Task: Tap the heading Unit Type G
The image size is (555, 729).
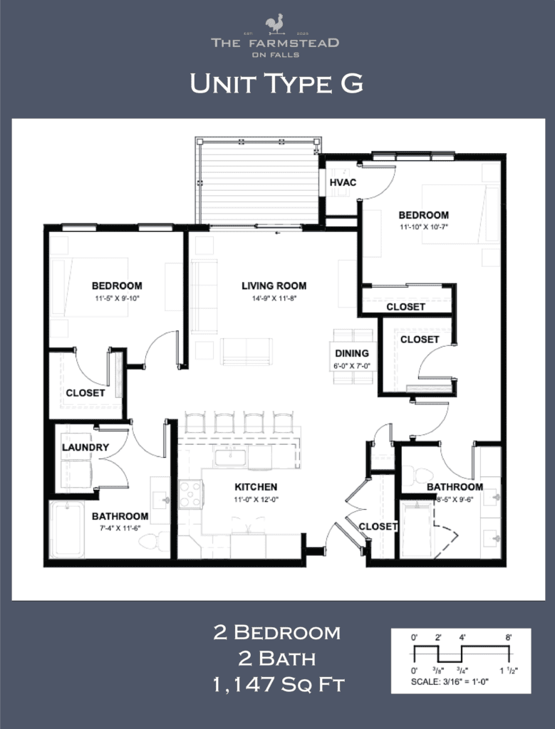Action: (x=276, y=84)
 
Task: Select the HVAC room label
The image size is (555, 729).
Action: (x=343, y=183)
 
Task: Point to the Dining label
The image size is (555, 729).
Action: (x=352, y=353)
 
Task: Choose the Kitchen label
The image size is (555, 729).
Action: (x=256, y=487)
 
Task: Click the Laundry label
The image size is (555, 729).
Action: (x=85, y=447)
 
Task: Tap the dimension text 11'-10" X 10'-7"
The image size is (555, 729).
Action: (x=423, y=228)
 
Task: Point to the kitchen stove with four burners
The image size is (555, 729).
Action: (x=190, y=493)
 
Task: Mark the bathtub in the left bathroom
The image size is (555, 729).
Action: (x=67, y=529)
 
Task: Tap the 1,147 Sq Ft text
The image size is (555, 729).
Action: (x=278, y=686)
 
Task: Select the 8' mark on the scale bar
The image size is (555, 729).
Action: (x=509, y=638)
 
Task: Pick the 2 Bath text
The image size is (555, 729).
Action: (x=277, y=659)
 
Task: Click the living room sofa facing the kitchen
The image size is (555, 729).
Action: (x=246, y=350)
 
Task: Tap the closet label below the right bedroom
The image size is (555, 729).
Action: (x=405, y=307)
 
